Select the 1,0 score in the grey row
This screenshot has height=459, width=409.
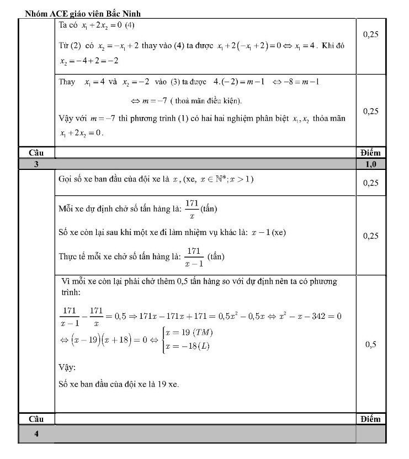click(370, 164)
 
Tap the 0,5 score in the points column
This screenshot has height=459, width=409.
click(371, 345)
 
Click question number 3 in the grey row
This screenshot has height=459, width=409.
click(36, 164)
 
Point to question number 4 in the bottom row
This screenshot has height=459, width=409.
click(36, 434)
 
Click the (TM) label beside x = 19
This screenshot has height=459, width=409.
click(202, 333)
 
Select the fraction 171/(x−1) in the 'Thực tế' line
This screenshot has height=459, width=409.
click(193, 257)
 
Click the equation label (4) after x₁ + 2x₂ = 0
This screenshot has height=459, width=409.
click(130, 25)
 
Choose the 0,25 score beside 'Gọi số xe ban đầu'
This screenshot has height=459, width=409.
click(371, 183)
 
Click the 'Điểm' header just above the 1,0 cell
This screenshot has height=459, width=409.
click(370, 152)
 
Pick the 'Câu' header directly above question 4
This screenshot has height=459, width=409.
click(36, 419)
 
